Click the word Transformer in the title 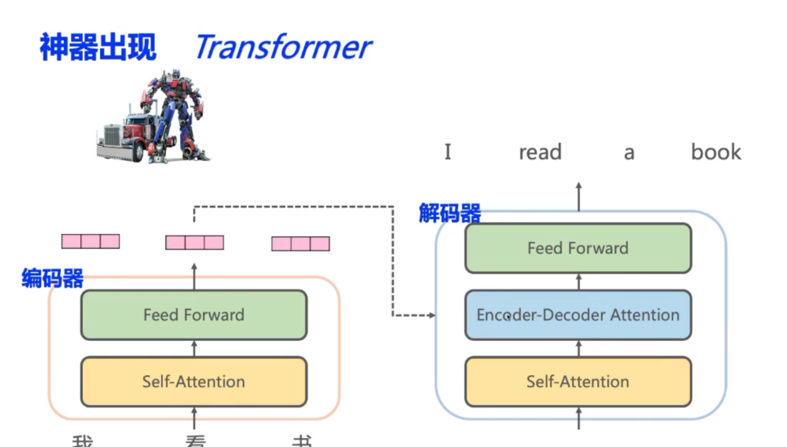283,47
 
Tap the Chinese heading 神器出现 98,47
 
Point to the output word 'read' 540,152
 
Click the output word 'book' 716,152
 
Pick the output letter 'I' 448,152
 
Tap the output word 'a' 629,153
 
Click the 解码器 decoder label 450,214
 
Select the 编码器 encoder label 52,278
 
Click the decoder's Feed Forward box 578,248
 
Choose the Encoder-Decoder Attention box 578,315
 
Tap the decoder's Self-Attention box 578,382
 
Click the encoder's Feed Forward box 194,315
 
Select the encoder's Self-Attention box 194,382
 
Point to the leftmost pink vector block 91,241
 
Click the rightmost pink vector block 301,244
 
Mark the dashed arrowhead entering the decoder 431,315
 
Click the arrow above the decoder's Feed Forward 579,196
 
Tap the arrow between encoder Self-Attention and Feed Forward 194,348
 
